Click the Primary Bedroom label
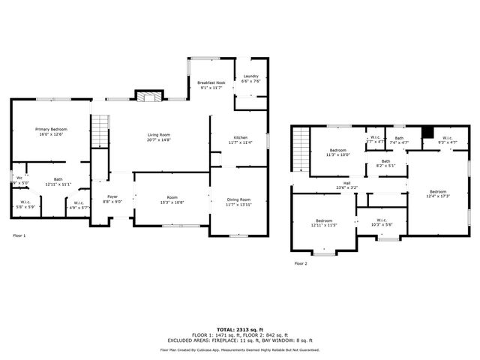coord(52,130)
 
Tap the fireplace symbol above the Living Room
coord(148,95)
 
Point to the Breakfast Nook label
coord(211,82)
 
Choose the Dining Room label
coord(239,199)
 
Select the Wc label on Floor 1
coord(19,178)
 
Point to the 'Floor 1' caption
coord(19,235)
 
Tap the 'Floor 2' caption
coord(300,263)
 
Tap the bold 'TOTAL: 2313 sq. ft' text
coord(240,328)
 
